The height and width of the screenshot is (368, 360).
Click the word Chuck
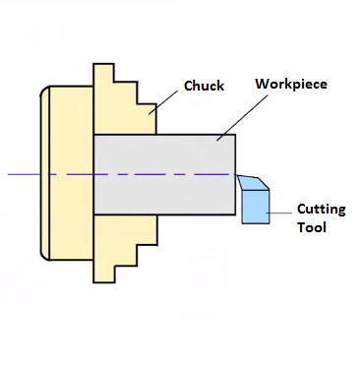click(x=204, y=87)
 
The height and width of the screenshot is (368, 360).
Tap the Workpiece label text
click(x=291, y=84)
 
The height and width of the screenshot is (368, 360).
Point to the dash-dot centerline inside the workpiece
click(x=167, y=174)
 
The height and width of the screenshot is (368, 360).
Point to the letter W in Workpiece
click(x=262, y=84)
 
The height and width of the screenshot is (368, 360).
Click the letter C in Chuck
click(x=189, y=87)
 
